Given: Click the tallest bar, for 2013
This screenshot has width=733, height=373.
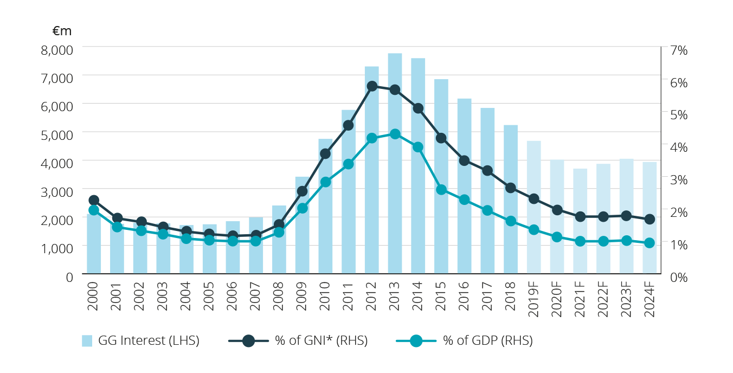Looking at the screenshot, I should point(395,163).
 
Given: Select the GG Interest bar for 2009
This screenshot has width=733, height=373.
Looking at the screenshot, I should point(302,224).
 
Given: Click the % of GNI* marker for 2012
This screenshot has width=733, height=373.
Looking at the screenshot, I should point(372,86).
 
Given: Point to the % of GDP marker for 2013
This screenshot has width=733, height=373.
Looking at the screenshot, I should point(395,134).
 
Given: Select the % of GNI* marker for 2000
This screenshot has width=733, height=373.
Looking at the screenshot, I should point(94,200).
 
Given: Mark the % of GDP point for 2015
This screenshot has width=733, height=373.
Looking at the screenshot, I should point(441,190).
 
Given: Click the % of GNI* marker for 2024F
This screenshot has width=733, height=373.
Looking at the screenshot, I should point(650,219).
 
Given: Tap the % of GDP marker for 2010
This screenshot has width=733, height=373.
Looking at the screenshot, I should point(325,182).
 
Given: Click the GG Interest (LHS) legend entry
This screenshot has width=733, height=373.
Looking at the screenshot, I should point(140,341).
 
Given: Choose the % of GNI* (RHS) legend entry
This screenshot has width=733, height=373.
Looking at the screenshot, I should point(298,341).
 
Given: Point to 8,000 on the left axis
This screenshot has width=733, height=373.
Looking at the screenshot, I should point(56,49).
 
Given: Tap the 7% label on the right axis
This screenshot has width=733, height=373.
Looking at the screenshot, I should point(678,49).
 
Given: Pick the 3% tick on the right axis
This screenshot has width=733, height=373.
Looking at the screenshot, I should point(678,179).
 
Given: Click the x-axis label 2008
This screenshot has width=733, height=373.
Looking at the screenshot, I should point(279,296).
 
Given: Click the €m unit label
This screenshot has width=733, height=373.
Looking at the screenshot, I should point(62,32).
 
